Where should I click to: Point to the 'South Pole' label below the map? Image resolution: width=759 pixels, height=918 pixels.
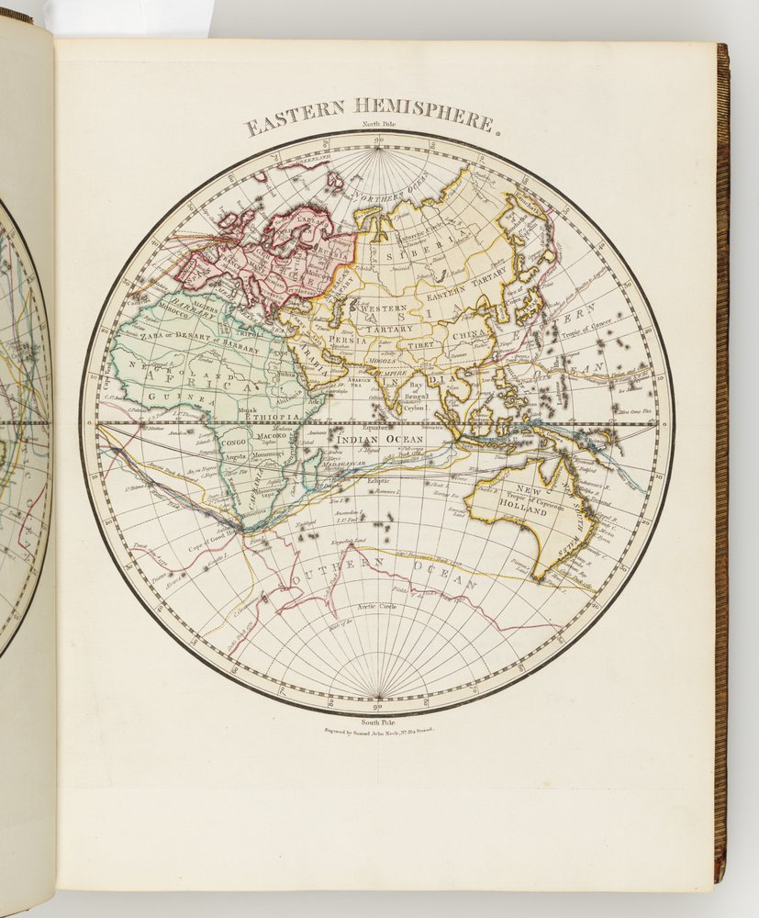(x=376, y=723)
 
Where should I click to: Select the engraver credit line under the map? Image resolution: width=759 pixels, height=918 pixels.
(x=377, y=733)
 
